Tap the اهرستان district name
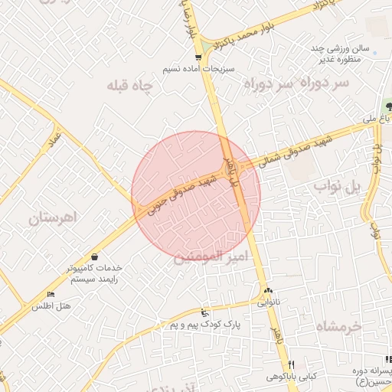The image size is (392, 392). tap(54, 218)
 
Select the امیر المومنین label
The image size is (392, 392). tap(208, 257)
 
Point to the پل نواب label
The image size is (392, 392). tap(336, 188)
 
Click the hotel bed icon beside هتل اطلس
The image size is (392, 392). tap(51, 295)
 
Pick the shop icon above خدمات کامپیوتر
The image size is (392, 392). tap(94, 256)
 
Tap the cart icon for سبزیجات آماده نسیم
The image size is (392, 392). tap(199, 57)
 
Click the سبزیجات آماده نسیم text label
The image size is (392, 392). tap(194, 69)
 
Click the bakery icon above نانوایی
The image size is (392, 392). tap(269, 291)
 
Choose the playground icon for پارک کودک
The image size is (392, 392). tap(204, 312)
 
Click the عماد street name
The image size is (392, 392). tap(54, 141)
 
